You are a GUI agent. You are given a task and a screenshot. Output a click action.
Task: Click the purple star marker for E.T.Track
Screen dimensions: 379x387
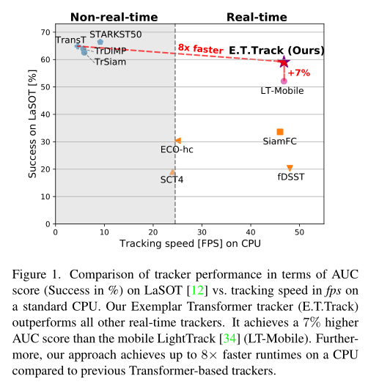coord(284,62)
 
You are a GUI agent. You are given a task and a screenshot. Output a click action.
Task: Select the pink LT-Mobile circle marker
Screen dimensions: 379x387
coord(284,81)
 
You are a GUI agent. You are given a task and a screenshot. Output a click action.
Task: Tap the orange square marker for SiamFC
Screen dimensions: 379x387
coord(280,132)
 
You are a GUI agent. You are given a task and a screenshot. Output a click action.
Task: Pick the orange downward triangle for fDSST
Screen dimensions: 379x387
coord(290,168)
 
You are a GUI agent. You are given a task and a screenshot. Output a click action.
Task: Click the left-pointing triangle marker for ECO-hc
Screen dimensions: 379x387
coord(178,141)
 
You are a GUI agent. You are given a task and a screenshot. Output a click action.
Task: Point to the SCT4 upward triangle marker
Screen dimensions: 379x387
coord(172,172)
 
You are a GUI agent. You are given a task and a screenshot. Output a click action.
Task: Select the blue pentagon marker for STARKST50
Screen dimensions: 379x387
coord(100,42)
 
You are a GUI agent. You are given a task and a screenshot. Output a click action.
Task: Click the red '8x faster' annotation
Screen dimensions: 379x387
coord(200,48)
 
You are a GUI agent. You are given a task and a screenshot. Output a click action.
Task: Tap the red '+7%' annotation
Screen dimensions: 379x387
coord(299,73)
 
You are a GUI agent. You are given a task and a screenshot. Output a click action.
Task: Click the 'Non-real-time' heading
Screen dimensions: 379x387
coord(114,18)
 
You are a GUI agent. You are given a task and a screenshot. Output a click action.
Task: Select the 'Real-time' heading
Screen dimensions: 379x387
coord(257,18)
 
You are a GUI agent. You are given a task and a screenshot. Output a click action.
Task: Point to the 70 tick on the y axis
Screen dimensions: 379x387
coord(45,32)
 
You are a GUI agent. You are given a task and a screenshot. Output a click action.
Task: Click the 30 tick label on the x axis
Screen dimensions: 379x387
coord(202,232)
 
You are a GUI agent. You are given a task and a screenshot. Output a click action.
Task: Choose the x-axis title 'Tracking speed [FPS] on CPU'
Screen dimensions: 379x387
coord(190,243)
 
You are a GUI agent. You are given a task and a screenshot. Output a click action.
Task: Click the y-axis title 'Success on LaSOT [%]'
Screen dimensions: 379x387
coord(32,124)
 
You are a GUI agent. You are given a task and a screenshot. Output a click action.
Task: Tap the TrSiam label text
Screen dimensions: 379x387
coord(111,62)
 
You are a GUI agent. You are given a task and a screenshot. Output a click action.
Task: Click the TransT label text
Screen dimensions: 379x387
coord(71,40)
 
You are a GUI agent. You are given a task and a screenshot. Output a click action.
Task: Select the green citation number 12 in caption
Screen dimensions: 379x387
coord(197,290)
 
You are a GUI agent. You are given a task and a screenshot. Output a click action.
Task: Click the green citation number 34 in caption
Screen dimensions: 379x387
coord(230,339)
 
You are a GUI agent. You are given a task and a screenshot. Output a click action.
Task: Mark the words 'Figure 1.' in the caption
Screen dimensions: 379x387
coord(37,274)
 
